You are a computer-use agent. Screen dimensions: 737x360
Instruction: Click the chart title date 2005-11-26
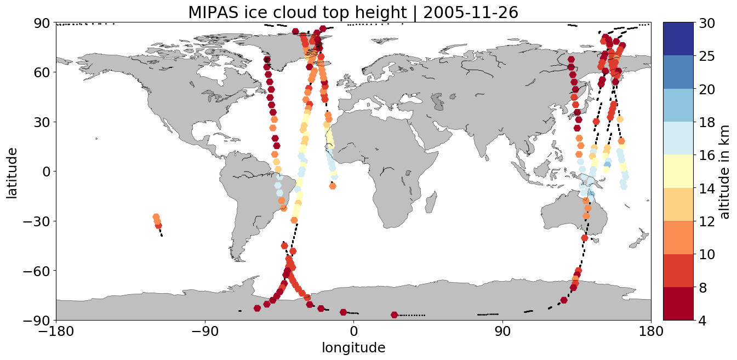(471, 13)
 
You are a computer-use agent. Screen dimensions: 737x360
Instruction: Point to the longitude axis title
(353, 348)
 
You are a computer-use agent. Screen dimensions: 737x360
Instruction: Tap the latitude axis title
(12, 173)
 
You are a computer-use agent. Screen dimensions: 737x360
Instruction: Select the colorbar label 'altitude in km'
(724, 172)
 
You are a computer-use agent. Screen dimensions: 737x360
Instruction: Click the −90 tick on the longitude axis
(205, 331)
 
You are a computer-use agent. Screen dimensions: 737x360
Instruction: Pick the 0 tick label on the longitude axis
(353, 331)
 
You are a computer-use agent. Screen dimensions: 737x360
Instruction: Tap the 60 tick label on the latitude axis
(42, 72)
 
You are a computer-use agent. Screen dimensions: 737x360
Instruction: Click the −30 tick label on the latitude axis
(36, 221)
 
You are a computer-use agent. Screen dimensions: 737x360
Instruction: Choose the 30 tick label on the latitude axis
(42, 122)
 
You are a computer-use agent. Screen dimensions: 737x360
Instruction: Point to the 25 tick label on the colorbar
(707, 56)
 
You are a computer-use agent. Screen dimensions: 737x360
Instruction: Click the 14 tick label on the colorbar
(707, 188)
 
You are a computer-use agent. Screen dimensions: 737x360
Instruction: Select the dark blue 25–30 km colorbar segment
(678, 39)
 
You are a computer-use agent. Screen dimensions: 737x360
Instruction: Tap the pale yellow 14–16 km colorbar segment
(678, 171)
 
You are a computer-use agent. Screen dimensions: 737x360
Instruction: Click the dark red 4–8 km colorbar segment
(678, 304)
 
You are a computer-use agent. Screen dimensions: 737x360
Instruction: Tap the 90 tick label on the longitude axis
(502, 331)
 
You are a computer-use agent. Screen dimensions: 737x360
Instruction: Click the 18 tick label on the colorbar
(707, 122)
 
